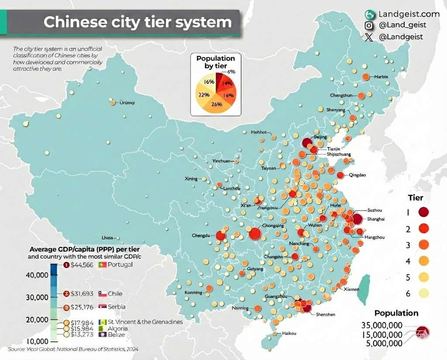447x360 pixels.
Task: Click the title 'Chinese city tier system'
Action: [137, 22]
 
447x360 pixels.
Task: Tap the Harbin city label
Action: [381, 77]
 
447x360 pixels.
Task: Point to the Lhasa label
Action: [107, 238]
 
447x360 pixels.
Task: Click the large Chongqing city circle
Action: [255, 234]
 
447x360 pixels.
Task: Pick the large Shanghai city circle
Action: [357, 219]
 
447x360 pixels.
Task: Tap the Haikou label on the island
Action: [289, 333]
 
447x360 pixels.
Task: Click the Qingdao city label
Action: [357, 175]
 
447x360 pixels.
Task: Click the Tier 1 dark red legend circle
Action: [423, 213]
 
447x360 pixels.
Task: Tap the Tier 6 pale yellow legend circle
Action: [423, 293]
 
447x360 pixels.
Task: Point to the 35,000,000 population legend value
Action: [382, 325]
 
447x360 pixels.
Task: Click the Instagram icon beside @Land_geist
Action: [369, 26]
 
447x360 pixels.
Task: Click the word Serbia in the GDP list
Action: [117, 307]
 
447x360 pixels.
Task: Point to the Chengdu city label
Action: [201, 236]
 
